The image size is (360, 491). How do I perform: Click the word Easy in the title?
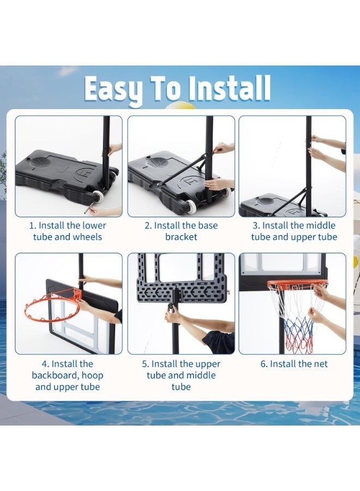[x=115, y=89]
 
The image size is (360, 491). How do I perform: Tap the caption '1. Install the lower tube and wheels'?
[x=68, y=231]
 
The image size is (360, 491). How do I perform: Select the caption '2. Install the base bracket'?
[x=181, y=231]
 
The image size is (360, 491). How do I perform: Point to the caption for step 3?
[x=294, y=231]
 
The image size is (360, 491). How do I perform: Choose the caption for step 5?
[x=181, y=375]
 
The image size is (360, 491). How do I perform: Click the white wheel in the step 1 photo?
[x=98, y=197]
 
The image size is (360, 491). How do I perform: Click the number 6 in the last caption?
[x=263, y=364]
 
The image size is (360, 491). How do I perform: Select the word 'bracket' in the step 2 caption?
[x=181, y=237]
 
